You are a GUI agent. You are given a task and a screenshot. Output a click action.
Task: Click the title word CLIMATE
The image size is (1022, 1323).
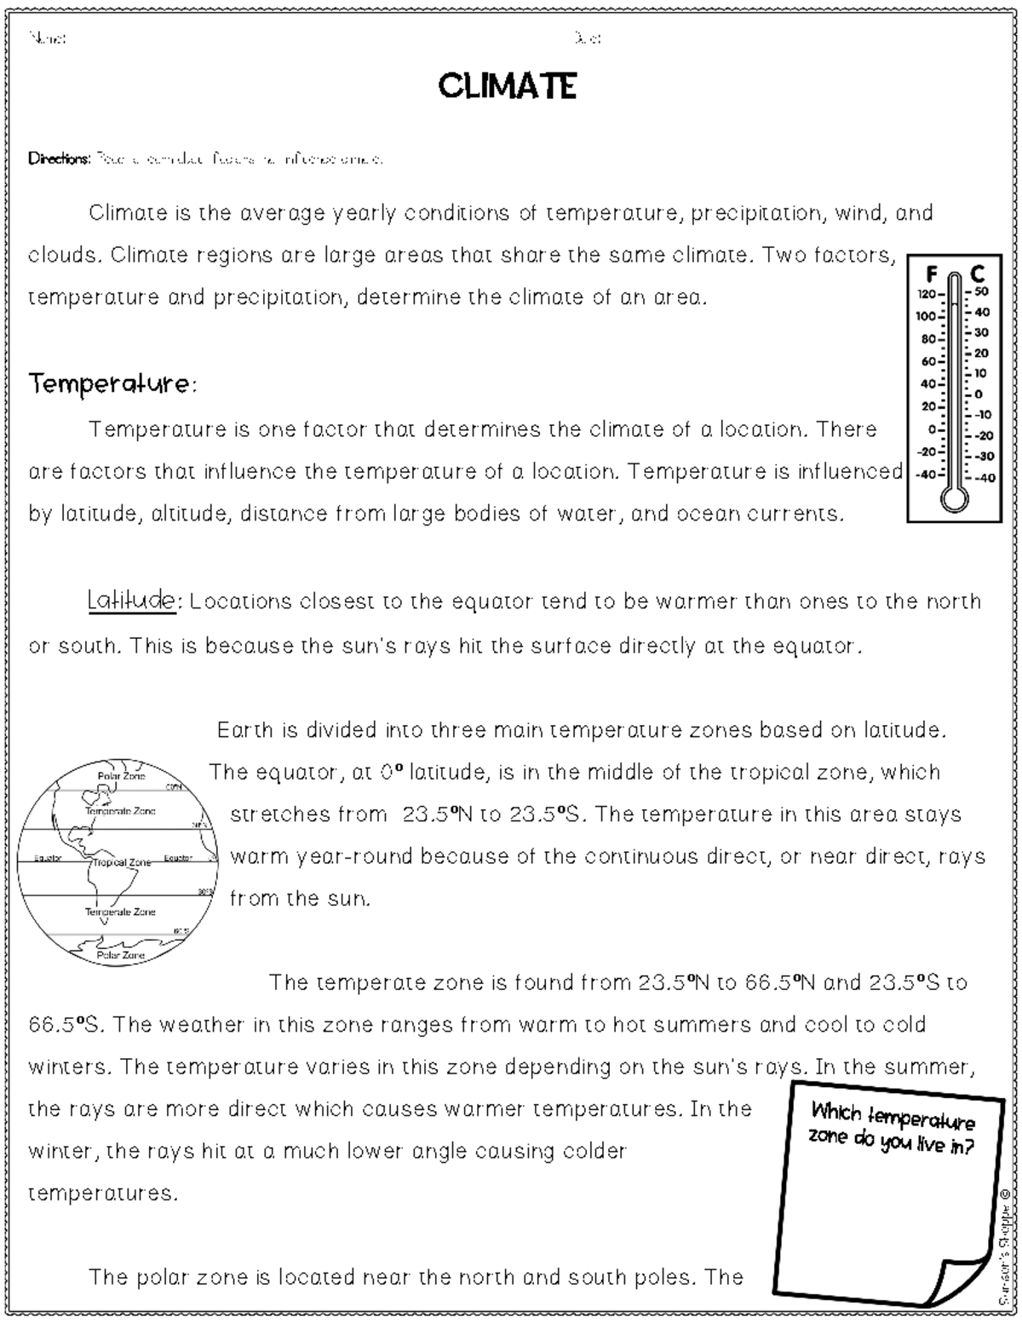coord(508,86)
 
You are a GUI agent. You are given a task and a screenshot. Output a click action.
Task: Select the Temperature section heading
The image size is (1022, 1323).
coord(111,385)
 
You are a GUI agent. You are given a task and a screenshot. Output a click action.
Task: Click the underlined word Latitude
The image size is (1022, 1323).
coord(131,601)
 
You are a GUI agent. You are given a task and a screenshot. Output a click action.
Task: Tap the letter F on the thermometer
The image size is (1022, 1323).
coord(931,274)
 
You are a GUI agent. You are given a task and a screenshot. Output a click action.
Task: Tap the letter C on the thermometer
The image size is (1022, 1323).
coord(978,274)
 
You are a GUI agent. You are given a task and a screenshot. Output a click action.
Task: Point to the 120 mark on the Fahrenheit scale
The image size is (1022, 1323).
coord(927,294)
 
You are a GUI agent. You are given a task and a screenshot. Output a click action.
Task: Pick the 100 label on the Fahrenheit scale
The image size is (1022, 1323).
coord(927,316)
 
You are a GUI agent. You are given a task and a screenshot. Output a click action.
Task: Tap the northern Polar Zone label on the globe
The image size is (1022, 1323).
coord(121,775)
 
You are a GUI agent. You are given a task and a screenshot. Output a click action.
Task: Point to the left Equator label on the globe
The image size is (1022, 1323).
coord(47,858)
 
